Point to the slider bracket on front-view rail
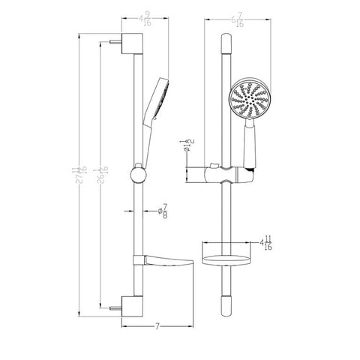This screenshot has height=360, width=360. [x=228, y=175]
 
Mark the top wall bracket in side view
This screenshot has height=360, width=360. [x=133, y=41]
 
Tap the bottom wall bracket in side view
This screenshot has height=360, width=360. [x=133, y=306]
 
